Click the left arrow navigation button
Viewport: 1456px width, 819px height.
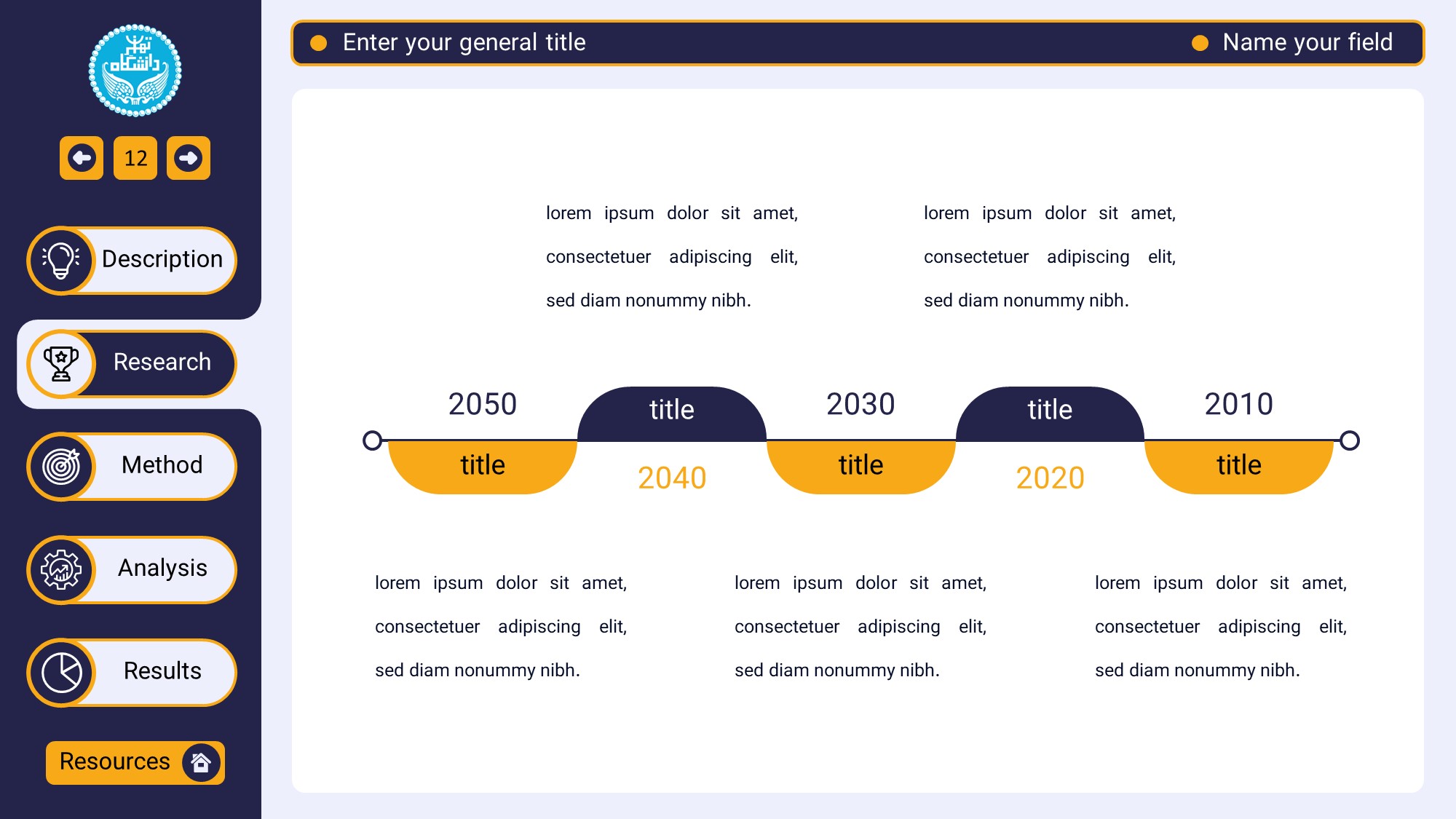(x=82, y=158)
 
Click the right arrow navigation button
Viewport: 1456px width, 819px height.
(x=189, y=158)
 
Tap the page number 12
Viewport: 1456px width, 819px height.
(x=135, y=158)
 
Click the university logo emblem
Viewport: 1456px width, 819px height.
(x=135, y=71)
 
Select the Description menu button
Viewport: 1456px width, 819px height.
(x=132, y=260)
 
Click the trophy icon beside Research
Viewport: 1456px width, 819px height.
(x=61, y=363)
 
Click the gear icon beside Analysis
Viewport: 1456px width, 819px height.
(x=61, y=569)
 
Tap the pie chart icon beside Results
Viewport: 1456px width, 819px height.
(x=62, y=673)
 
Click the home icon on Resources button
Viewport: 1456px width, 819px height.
(x=201, y=762)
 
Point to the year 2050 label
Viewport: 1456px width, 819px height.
(x=483, y=404)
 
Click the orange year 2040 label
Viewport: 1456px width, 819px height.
(x=672, y=478)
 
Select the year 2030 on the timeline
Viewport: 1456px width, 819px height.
(x=860, y=404)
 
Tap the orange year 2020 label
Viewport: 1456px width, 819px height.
(x=1050, y=478)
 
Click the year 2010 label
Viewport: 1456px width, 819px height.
(x=1239, y=404)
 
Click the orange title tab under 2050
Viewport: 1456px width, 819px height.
(x=483, y=467)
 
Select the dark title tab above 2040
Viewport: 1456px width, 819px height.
(x=672, y=414)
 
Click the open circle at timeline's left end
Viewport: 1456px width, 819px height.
(x=372, y=440)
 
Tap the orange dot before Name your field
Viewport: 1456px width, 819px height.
(x=1200, y=43)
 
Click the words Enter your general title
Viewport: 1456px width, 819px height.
(x=464, y=42)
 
